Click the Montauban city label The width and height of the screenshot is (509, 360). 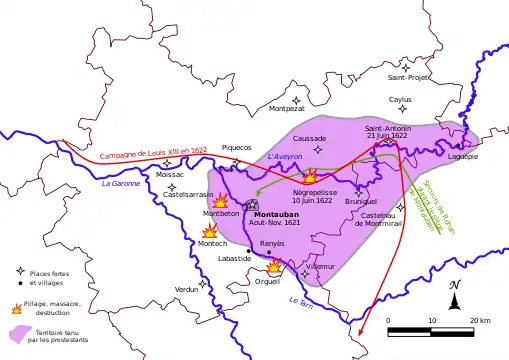275,214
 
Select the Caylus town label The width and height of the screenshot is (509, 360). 400,100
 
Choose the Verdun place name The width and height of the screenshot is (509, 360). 187,289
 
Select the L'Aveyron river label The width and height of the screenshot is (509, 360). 285,158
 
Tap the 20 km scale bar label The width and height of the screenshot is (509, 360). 479,320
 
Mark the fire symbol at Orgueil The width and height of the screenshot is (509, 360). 274,266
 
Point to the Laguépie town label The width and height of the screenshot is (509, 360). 463,156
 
